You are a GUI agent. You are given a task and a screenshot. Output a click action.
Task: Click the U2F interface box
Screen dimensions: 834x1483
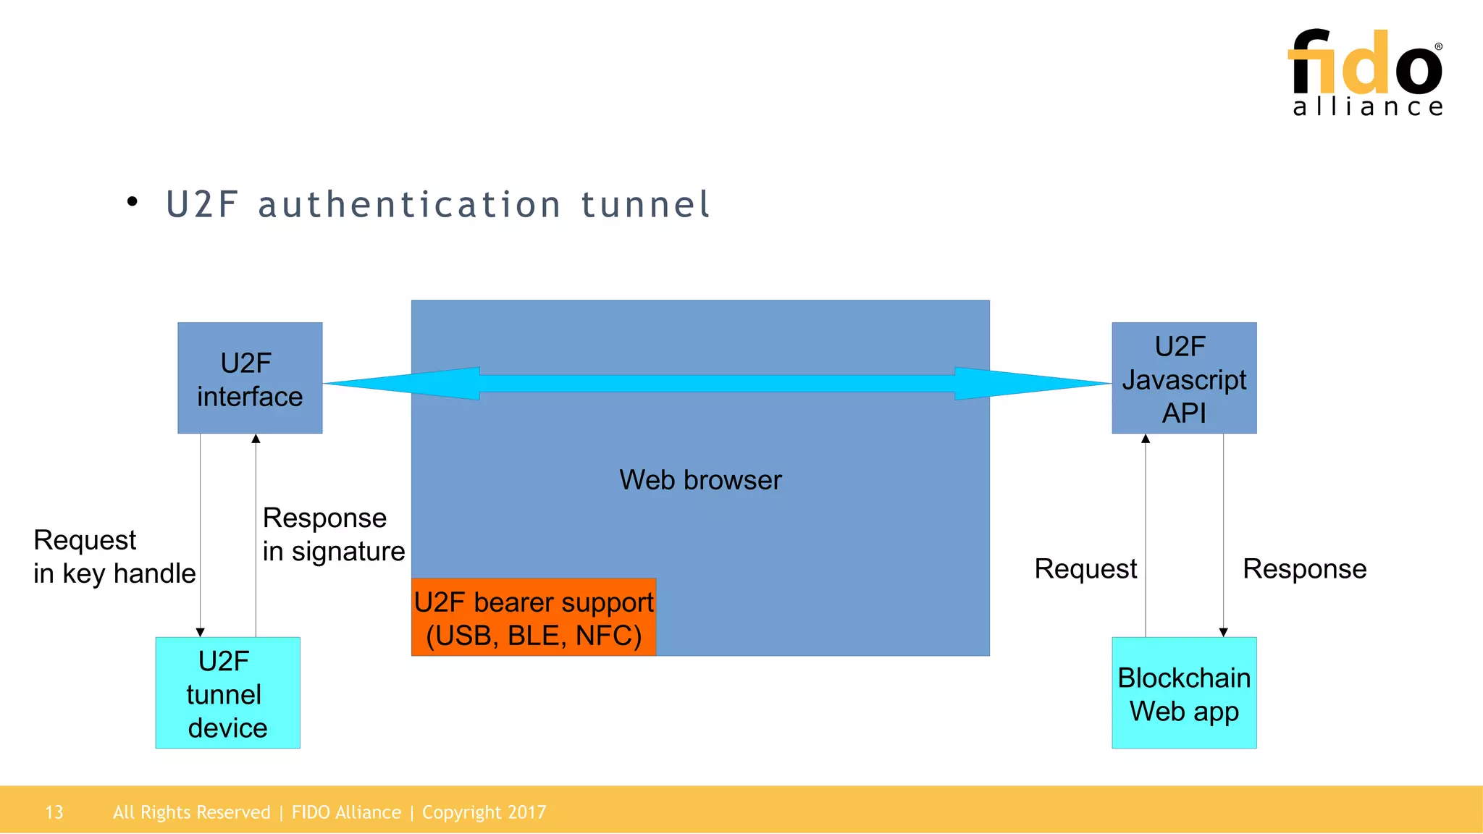coord(250,378)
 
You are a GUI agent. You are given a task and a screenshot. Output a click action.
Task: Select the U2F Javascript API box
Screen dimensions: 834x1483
coord(1184,378)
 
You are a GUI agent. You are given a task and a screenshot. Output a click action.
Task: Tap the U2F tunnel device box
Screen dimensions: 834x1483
coord(227,693)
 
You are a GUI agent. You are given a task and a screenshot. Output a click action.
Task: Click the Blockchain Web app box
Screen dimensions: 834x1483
coord(1184,693)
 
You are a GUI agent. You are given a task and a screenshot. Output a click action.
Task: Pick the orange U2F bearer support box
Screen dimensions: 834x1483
coord(534,618)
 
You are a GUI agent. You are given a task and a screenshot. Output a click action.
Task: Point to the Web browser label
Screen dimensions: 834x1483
coord(700,480)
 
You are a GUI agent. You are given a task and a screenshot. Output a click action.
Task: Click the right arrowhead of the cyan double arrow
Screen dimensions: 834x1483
coord(1028,384)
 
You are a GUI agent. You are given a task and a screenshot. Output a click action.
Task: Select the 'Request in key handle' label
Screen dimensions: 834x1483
coord(114,557)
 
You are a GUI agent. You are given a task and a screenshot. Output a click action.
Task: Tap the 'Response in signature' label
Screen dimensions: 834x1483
coord(333,534)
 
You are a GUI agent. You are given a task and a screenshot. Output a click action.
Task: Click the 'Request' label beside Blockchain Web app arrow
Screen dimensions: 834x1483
coord(1085,569)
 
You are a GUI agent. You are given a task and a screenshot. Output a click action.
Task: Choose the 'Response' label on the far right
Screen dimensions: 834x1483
coord(1304,569)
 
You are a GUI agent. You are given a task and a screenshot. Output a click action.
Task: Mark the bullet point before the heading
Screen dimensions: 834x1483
coord(132,202)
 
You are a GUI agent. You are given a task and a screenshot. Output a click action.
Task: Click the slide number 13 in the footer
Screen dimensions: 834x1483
coord(54,812)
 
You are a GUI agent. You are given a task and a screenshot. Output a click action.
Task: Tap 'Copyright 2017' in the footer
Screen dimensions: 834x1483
coord(484,812)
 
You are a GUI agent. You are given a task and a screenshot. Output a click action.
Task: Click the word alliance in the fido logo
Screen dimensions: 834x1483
coord(1368,107)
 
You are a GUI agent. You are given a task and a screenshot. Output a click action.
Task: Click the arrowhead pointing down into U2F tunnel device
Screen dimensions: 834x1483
coord(201,632)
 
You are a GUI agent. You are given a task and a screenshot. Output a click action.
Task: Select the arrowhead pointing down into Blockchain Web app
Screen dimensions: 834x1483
coord(1223,632)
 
